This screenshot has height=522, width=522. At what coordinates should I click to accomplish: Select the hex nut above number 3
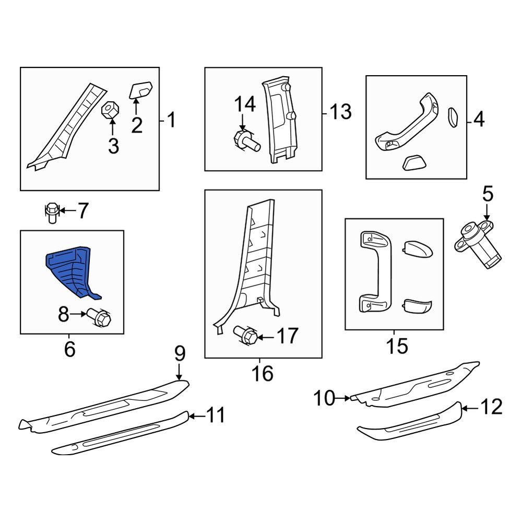(x=110, y=110)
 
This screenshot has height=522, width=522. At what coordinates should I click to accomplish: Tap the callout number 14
(x=245, y=104)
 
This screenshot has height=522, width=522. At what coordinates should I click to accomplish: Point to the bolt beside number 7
(x=52, y=212)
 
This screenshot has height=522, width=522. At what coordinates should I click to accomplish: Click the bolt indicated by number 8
(x=99, y=317)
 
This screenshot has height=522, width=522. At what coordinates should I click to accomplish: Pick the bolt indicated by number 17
(x=246, y=336)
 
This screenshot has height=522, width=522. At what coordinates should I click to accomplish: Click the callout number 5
(x=488, y=194)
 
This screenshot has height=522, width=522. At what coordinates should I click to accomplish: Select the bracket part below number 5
(x=477, y=243)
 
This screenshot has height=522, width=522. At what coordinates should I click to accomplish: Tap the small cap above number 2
(x=141, y=90)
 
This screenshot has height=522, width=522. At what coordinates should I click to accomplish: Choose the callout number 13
(x=340, y=112)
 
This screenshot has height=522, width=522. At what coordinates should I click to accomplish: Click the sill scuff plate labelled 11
(x=120, y=433)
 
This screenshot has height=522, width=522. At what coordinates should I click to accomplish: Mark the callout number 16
(x=263, y=374)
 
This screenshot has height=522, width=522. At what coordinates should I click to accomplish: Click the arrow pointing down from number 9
(x=180, y=372)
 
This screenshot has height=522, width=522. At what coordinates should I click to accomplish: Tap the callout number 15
(x=397, y=346)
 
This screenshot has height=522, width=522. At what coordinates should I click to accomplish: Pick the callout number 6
(x=69, y=349)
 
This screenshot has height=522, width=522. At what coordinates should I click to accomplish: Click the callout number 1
(x=171, y=120)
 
